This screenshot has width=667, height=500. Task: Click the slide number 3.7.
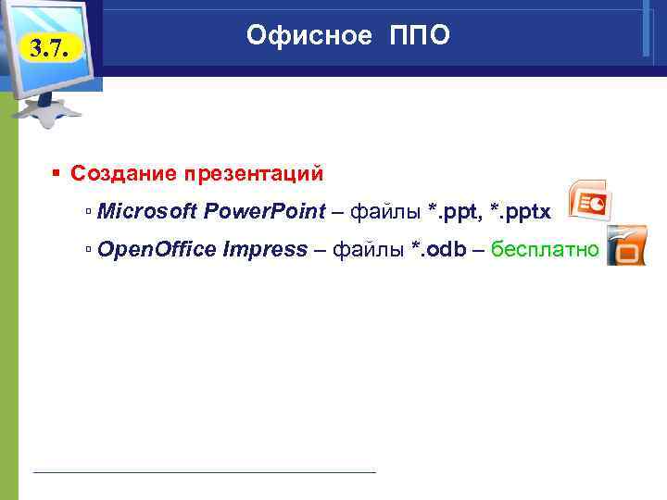pos(48,47)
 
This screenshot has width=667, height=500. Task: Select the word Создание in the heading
pos(122,174)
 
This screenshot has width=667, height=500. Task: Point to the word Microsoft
pos(146,212)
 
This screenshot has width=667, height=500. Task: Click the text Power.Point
pos(264,212)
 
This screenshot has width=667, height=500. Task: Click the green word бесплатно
pos(545,249)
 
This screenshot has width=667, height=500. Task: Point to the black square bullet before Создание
pos(57,174)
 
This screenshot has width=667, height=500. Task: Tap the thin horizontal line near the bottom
pos(204,472)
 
